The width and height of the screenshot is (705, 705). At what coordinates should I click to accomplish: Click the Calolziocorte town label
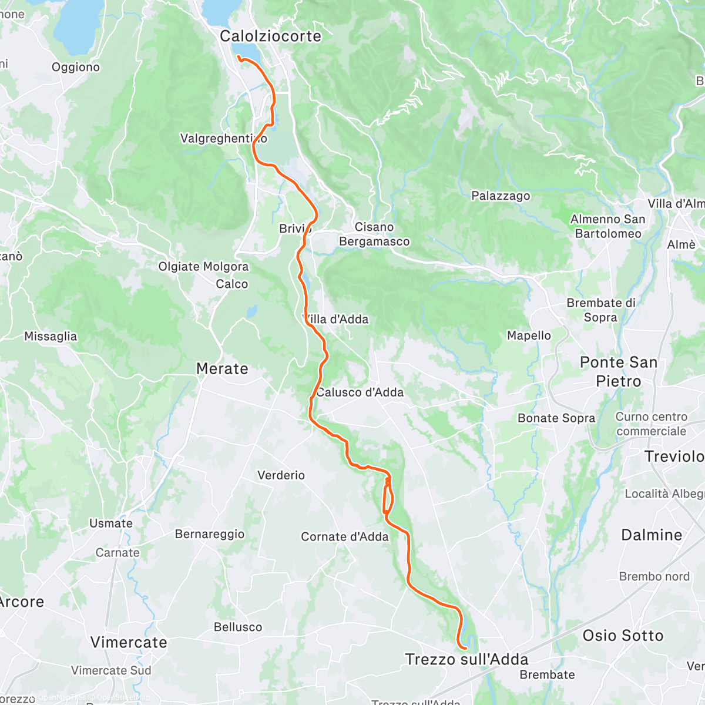pos(270,36)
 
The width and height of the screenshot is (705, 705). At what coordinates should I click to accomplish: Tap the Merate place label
pos(222,369)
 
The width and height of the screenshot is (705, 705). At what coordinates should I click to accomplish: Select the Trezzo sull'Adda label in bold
pos(466,660)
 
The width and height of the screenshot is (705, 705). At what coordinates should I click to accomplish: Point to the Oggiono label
pos(76,67)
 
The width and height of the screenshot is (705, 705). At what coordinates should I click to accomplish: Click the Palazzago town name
pos(501,196)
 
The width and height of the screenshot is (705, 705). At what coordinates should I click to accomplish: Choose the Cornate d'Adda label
pos(345,536)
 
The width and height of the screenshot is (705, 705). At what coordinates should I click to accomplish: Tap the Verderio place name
pos(281,475)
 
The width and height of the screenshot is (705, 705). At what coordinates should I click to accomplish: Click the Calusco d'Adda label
pos(360,392)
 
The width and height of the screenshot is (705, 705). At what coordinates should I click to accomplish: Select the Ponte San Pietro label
pos(618,371)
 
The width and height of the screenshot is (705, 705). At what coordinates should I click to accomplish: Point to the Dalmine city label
pos(652,535)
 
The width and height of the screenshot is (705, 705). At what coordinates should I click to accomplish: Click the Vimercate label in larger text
pos(129,642)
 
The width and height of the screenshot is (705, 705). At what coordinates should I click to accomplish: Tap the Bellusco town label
pos(238,627)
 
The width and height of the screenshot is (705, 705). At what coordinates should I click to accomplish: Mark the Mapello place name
pos(529,335)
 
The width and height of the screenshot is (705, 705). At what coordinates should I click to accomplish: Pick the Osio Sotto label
pos(623,635)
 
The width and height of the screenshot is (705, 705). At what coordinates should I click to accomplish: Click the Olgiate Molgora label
pos(203,267)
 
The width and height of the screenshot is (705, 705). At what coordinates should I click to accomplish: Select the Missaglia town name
pos(51,336)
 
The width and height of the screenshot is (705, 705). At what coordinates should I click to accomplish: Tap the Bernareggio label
pos(210,534)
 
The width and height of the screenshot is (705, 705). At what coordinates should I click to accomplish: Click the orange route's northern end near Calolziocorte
pos(238,57)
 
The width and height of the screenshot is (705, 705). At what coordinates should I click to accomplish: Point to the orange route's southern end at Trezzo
pos(465,648)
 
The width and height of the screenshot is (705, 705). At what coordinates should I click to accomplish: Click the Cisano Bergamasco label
pos(374,234)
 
